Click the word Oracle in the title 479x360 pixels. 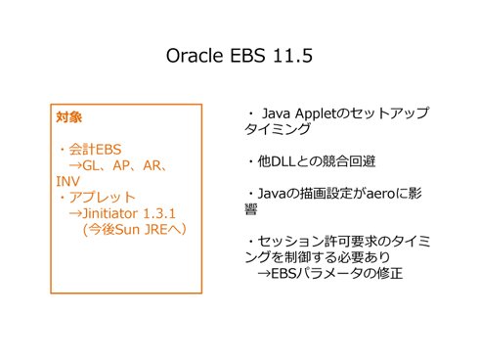pyautogui.click(x=195, y=56)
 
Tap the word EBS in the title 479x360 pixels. pyautogui.click(x=247, y=56)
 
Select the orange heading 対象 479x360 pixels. pyautogui.click(x=68, y=117)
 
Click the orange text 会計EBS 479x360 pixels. pyautogui.click(x=95, y=150)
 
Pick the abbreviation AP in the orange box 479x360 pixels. pyautogui.click(x=121, y=165)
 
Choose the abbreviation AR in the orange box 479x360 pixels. pyautogui.click(x=152, y=165)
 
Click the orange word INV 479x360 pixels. pyautogui.click(x=67, y=182)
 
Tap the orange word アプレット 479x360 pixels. pyautogui.click(x=102, y=198)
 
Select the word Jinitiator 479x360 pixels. pyautogui.click(x=110, y=213)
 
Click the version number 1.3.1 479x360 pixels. pyautogui.click(x=159, y=213)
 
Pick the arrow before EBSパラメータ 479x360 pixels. pyautogui.click(x=264, y=274)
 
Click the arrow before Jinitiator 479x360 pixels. pyautogui.click(x=75, y=213)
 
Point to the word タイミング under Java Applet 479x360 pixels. pyautogui.click(x=278, y=129)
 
